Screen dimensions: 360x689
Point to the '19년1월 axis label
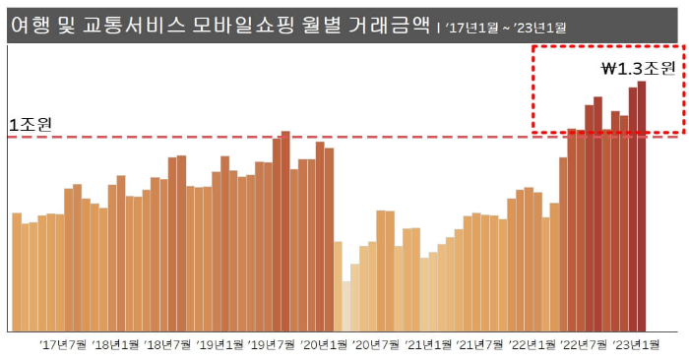tap(222, 344)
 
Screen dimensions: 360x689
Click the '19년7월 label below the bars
tap(275, 344)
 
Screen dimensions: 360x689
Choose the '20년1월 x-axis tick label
tap(326, 344)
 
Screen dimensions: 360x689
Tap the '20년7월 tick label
tap(378, 344)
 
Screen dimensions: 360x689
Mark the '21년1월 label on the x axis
tap(429, 344)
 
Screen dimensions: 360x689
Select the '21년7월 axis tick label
tap(481, 344)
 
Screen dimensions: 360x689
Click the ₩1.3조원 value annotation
tap(637, 69)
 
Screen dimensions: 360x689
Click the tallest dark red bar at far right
tap(642, 207)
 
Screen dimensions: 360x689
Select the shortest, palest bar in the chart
tap(345, 306)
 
